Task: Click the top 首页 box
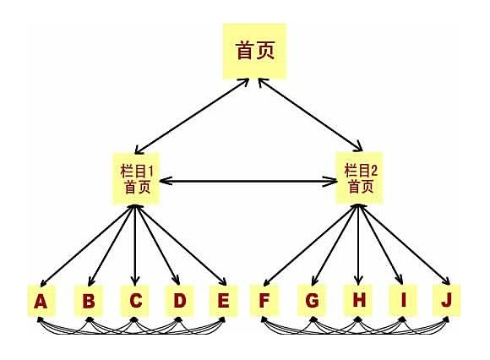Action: pyautogui.click(x=254, y=51)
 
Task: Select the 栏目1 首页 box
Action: pyautogui.click(x=136, y=178)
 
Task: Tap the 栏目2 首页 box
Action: pyautogui.click(x=359, y=177)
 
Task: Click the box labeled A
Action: pyautogui.click(x=41, y=301)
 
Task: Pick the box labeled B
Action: pyautogui.click(x=89, y=301)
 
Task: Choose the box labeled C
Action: pyautogui.click(x=135, y=301)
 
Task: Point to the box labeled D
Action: pyautogui.click(x=179, y=301)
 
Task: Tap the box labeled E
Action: pyautogui.click(x=223, y=301)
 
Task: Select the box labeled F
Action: pyautogui.click(x=264, y=301)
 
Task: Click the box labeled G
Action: pyautogui.click(x=312, y=301)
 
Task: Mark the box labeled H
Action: pyautogui.click(x=358, y=301)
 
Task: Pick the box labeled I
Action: pyautogui.click(x=403, y=301)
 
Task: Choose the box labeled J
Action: pyautogui.click(x=447, y=301)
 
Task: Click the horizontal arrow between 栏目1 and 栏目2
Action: pyautogui.click(x=248, y=181)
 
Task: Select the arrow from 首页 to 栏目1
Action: pyautogui.click(x=192, y=116)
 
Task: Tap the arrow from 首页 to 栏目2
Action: pyautogui.click(x=310, y=115)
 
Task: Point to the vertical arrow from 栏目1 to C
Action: pyautogui.click(x=134, y=245)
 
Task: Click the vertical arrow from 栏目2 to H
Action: pyautogui.click(x=358, y=244)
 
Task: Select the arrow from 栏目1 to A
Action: pyautogui.click(x=87, y=246)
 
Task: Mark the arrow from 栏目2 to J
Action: pyautogui.click(x=405, y=245)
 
